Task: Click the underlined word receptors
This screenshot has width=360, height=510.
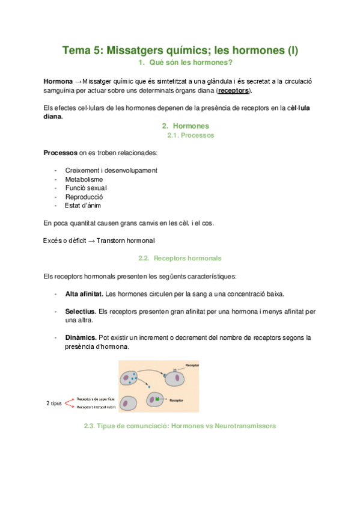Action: pyautogui.click(x=233, y=91)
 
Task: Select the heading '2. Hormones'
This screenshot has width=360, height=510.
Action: pyautogui.click(x=186, y=126)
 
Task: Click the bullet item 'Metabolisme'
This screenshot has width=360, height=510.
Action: pyautogui.click(x=84, y=179)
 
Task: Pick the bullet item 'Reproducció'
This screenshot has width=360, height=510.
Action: pyautogui.click(x=84, y=197)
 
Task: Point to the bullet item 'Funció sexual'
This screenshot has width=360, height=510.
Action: pyautogui.click(x=86, y=188)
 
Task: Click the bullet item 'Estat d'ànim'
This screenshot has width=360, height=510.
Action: pyautogui.click(x=85, y=205)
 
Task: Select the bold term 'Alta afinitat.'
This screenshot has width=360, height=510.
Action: pyautogui.click(x=84, y=294)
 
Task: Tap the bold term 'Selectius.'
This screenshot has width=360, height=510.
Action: pyautogui.click(x=80, y=312)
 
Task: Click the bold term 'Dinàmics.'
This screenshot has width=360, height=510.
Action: pyautogui.click(x=81, y=338)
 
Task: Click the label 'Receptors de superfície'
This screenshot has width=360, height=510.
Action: pyautogui.click(x=95, y=398)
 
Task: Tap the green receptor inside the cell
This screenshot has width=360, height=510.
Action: pyautogui.click(x=157, y=399)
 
